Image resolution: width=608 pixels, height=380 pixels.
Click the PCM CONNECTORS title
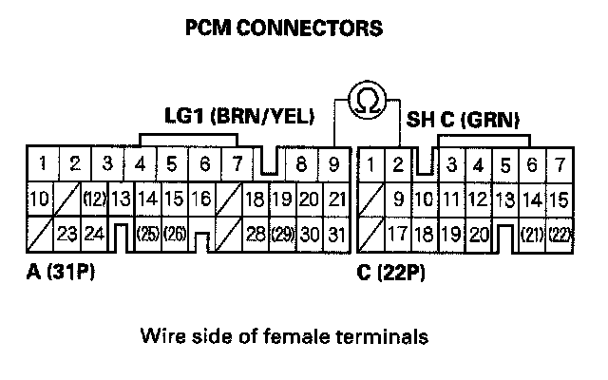point(284,28)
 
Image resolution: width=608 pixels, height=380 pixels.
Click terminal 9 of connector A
point(333,164)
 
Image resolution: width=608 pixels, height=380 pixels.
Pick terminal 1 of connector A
point(42,164)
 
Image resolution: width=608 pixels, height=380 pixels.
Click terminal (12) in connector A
point(93,199)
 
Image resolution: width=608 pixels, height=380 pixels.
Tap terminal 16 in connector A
point(200,199)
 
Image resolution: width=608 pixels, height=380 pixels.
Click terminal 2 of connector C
point(399,164)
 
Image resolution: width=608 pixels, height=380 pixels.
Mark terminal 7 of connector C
point(560,164)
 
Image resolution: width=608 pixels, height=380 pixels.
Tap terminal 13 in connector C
point(505,199)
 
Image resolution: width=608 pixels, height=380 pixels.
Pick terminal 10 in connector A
point(39,199)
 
